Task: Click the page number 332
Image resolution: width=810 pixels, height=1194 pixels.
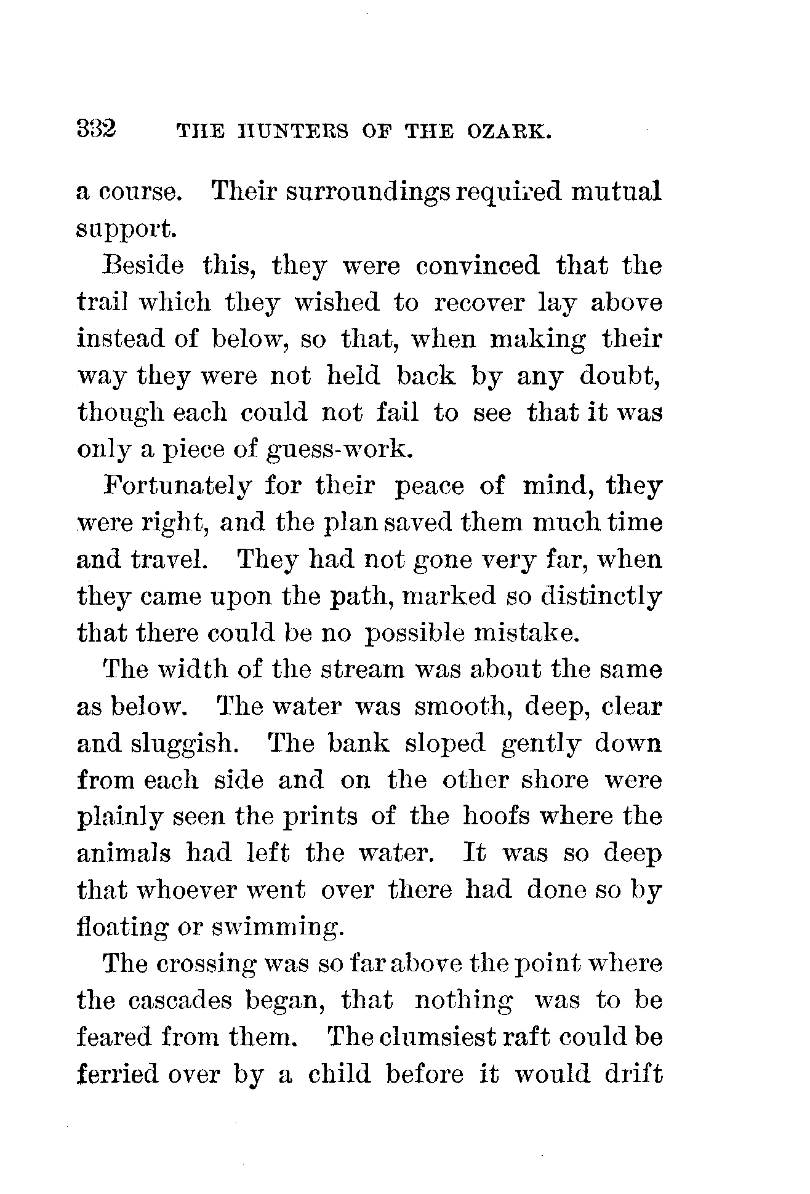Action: pos(97,130)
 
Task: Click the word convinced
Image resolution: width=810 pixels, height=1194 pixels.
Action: pos(477,266)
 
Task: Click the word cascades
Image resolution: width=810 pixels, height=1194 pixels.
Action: pos(181,1001)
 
